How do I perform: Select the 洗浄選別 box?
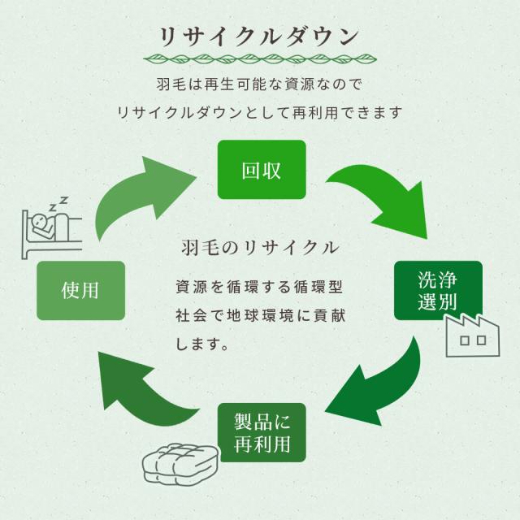437,291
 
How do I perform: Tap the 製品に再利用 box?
262,433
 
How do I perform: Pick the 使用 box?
81,290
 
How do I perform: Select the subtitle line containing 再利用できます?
260,112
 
